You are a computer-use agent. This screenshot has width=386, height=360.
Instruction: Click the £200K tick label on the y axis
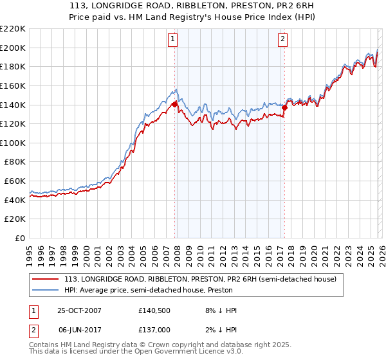13,48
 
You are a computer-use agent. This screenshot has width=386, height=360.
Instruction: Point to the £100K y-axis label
13,143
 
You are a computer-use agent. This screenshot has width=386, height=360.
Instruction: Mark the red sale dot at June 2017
283,107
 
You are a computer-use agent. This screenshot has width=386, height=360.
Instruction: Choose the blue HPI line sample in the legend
46,290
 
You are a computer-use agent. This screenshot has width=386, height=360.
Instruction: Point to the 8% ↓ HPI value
219,310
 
